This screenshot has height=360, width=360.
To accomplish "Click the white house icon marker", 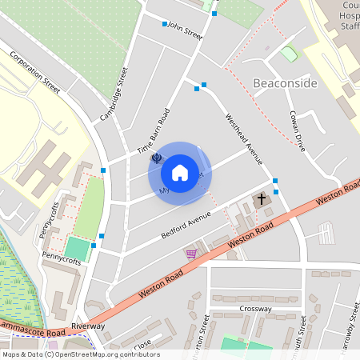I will pos(180,173).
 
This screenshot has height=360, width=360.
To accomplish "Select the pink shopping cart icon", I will pos(191,254).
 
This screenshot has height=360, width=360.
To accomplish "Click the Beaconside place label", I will pos(286,83).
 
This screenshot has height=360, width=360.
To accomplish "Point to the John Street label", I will pos(186,30).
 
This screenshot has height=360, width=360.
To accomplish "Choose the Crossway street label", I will pos(255,308).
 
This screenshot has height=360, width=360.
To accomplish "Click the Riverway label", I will pos(88,326).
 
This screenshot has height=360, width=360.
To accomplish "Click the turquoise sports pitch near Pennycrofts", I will pos(77,248).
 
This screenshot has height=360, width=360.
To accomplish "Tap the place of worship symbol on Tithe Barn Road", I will pos(157,158).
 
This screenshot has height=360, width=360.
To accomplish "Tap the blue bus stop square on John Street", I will pos(165,24).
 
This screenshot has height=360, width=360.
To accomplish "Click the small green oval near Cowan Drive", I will pos(289,54).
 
